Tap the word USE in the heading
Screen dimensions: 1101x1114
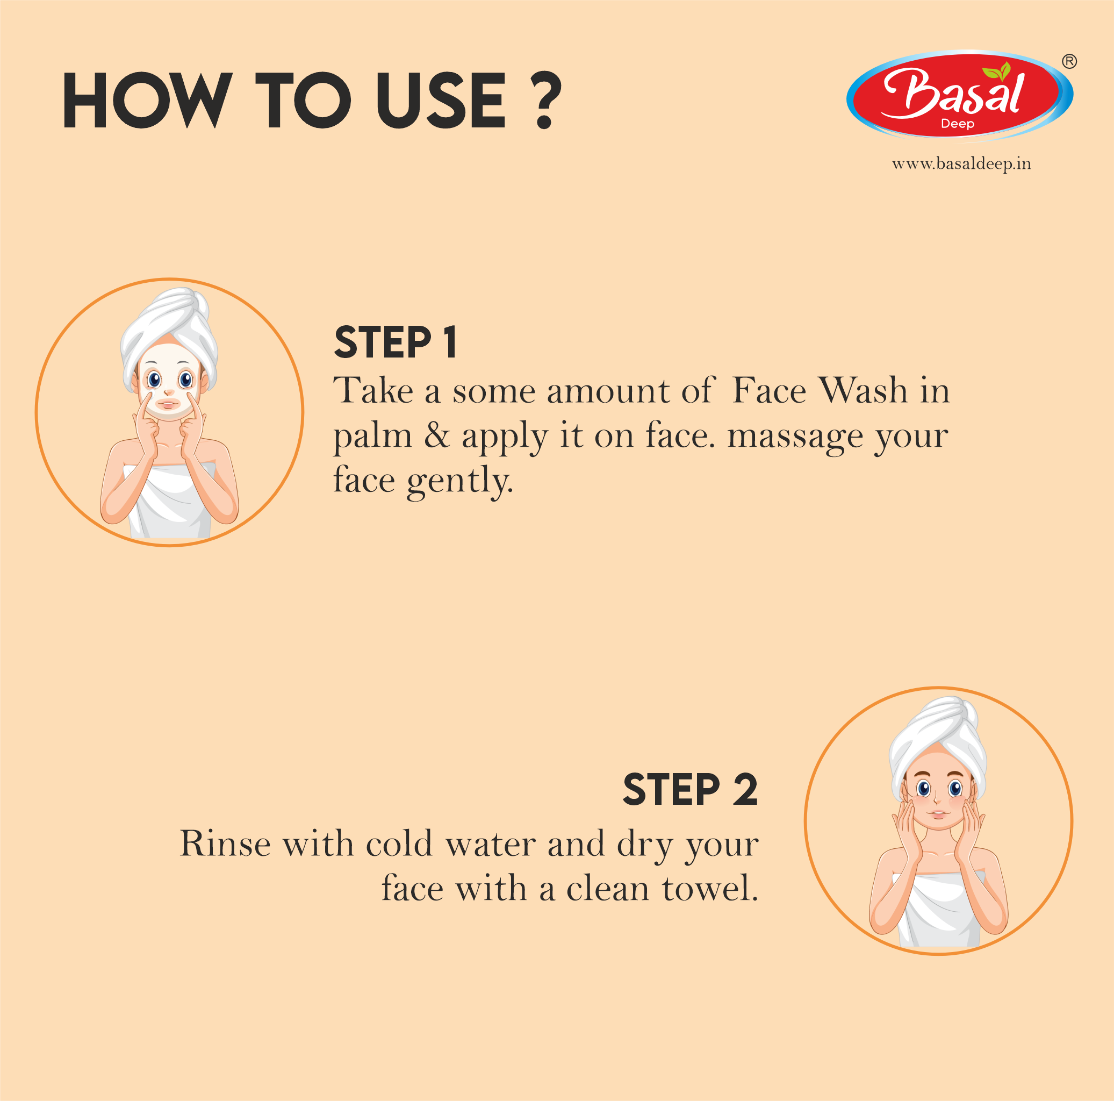pyautogui.click(x=441, y=101)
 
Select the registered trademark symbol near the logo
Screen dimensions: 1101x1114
pyautogui.click(x=1069, y=61)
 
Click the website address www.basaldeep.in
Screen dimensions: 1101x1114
pyautogui.click(x=961, y=164)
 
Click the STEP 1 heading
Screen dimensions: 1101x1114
pyautogui.click(x=396, y=342)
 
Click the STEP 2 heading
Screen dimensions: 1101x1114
pyautogui.click(x=689, y=790)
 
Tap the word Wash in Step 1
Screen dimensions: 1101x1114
pyautogui.click(x=863, y=390)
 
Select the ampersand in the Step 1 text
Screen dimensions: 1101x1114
pyautogui.click(x=436, y=435)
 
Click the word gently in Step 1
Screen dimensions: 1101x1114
pyautogui.click(x=459, y=480)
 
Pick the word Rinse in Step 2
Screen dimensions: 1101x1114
pyautogui.click(x=225, y=844)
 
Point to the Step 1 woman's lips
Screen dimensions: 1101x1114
pyautogui.click(x=168, y=403)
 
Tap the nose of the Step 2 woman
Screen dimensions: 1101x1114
pyautogui.click(x=938, y=801)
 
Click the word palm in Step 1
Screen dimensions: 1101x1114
pyautogui.click(x=372, y=437)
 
